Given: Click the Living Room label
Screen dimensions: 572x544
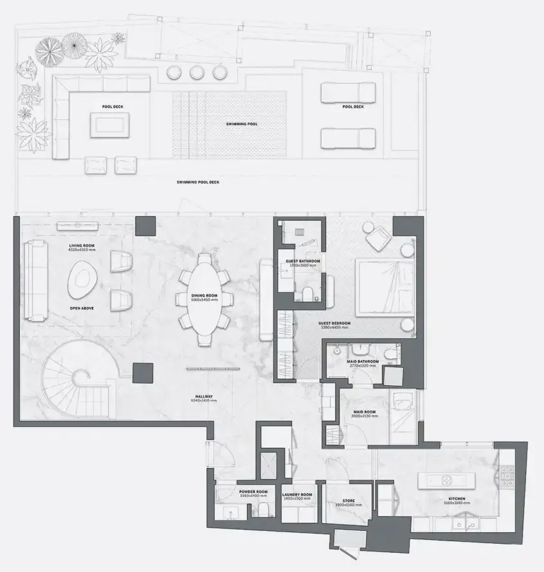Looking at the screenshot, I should pyautogui.click(x=82, y=246).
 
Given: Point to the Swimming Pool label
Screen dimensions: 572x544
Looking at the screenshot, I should pyautogui.click(x=242, y=124).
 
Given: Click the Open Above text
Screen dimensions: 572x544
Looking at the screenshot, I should pyautogui.click(x=82, y=309).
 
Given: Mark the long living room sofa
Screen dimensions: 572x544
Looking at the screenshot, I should pyautogui.click(x=35, y=281).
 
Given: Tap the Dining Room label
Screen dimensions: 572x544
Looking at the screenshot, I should pyautogui.click(x=204, y=295).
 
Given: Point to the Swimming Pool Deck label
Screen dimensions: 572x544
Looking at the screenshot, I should pyautogui.click(x=198, y=182).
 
